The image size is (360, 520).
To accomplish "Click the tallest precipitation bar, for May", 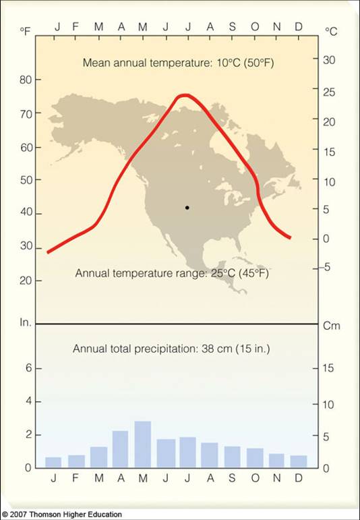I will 142,444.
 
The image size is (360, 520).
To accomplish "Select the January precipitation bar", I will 53,462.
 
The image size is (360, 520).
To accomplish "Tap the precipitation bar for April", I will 120,449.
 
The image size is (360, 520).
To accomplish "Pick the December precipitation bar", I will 299,461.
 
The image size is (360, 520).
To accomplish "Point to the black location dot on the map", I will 187,207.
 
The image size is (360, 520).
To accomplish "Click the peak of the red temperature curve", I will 184,95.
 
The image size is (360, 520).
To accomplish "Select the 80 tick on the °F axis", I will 25,80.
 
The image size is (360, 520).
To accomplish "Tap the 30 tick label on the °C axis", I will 328,60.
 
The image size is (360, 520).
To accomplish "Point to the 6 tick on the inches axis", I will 29,369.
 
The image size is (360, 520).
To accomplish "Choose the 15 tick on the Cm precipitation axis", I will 328,369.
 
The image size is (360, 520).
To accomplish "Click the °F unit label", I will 26,32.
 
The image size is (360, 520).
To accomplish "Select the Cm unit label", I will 332,325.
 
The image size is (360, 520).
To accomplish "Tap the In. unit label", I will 26,324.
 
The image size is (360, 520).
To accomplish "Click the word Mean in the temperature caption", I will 96,63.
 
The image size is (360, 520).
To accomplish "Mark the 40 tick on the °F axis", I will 25,214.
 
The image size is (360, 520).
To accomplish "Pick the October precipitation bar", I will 254,457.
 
